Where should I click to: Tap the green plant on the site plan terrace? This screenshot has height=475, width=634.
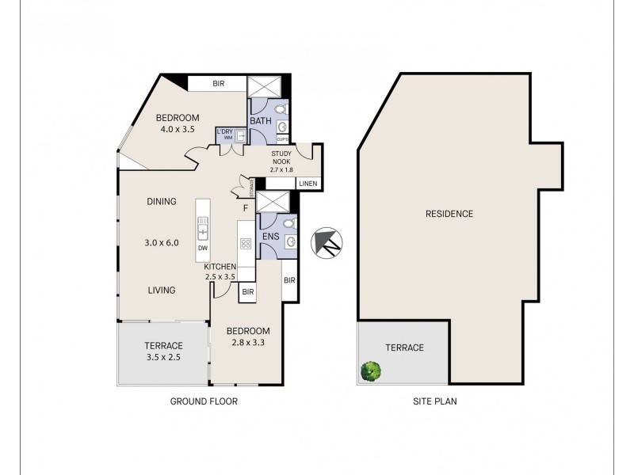pos(370,370)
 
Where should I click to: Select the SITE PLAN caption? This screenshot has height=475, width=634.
pos(435,401)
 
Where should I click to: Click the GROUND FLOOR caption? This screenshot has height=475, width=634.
pos(204,401)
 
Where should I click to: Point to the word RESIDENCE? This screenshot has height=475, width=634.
pos(449,214)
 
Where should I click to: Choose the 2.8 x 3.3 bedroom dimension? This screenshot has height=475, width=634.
pos(247,344)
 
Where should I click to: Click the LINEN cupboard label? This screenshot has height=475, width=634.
pos(307,184)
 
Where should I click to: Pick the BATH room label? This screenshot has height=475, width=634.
pos(261,121)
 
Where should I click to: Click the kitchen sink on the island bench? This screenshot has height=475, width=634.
pos(203,232)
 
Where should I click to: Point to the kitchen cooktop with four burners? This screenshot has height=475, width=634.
pos(246,244)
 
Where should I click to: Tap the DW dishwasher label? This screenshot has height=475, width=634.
pos(203,249)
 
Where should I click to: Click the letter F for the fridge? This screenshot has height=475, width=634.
pos(246,208)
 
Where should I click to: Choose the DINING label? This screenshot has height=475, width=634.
pos(161,202)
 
